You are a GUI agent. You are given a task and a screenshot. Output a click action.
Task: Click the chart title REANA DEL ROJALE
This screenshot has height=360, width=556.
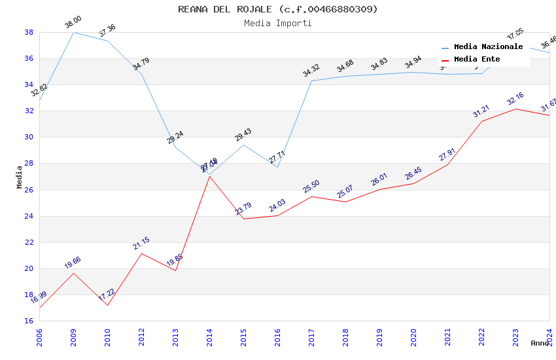278,9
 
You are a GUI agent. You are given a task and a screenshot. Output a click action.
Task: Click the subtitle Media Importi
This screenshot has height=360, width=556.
278,23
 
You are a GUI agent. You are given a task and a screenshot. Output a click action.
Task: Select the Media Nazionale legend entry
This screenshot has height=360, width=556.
488,47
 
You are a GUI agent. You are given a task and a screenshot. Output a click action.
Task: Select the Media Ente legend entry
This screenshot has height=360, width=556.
477,59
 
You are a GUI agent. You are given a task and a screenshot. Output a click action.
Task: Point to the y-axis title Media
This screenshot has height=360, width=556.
20,177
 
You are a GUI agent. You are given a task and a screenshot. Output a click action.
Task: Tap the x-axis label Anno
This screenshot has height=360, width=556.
540,343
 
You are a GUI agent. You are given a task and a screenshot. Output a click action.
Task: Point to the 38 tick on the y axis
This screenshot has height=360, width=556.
29,32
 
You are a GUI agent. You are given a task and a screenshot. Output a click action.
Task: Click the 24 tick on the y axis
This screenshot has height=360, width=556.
29,216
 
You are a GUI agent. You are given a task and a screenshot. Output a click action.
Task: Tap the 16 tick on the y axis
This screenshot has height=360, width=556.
29,321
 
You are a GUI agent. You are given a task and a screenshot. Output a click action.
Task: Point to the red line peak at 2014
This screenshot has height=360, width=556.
209,176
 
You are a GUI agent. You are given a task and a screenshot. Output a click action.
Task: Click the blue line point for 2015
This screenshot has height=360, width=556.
243,145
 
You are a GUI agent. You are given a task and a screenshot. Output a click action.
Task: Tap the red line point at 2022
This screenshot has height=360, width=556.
481,121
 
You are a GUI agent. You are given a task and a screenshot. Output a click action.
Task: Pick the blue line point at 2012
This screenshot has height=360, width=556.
141,74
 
